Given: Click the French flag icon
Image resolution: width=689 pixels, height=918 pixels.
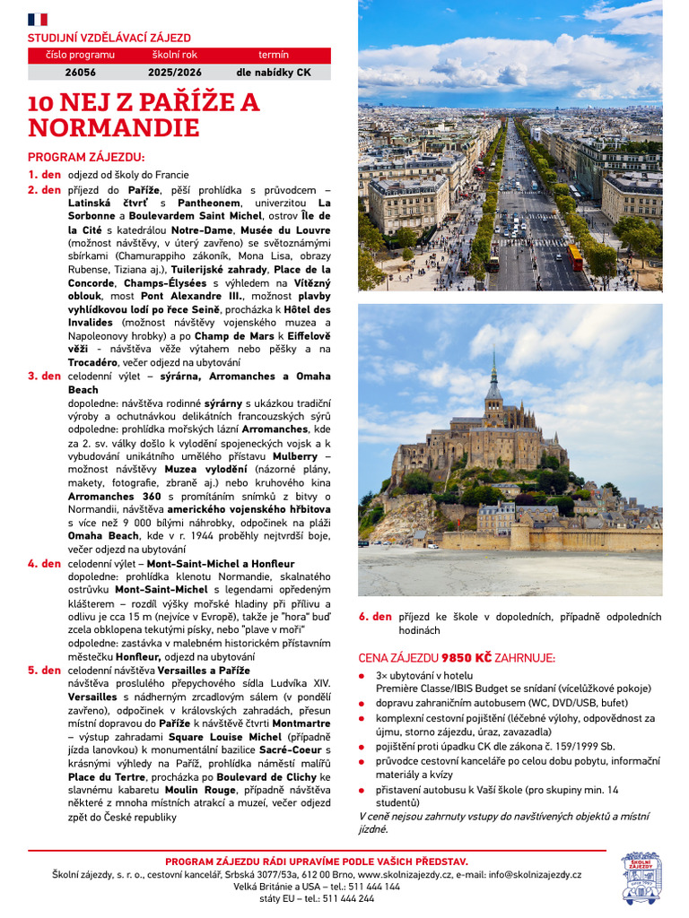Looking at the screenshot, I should click(38, 19).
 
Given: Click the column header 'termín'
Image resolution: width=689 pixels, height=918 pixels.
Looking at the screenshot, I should click(274, 56).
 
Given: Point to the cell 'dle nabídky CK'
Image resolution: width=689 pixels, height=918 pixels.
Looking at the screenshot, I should click(274, 73).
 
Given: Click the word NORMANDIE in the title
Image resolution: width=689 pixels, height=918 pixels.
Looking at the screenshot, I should click(113, 128).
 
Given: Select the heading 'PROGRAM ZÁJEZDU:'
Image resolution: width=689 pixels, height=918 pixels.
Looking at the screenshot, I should click(86, 157).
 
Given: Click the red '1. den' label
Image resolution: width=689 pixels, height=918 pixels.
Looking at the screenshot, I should click(44, 175).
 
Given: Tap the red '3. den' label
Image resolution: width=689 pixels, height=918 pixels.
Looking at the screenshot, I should click(44, 377).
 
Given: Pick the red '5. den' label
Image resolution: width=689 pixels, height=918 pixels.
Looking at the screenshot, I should click(44, 671).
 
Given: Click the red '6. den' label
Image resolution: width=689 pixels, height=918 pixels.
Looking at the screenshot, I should click(375, 617).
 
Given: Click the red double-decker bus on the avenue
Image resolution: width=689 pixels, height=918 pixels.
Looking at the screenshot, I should click(575, 257).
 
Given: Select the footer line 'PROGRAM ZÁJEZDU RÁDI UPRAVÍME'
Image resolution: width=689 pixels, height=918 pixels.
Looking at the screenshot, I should click(317, 862).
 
